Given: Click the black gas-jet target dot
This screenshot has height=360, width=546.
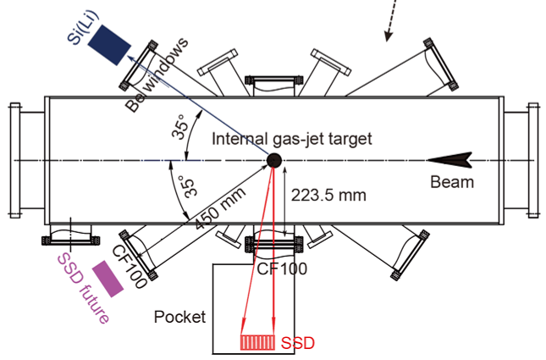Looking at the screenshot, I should [273, 161].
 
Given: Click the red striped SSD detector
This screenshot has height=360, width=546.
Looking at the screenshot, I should [257, 343].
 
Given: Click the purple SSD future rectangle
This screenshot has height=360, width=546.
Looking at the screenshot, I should [109, 278].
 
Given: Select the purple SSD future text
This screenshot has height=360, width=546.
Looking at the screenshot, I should [83, 288].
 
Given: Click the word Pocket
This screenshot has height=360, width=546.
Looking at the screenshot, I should [179, 317].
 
